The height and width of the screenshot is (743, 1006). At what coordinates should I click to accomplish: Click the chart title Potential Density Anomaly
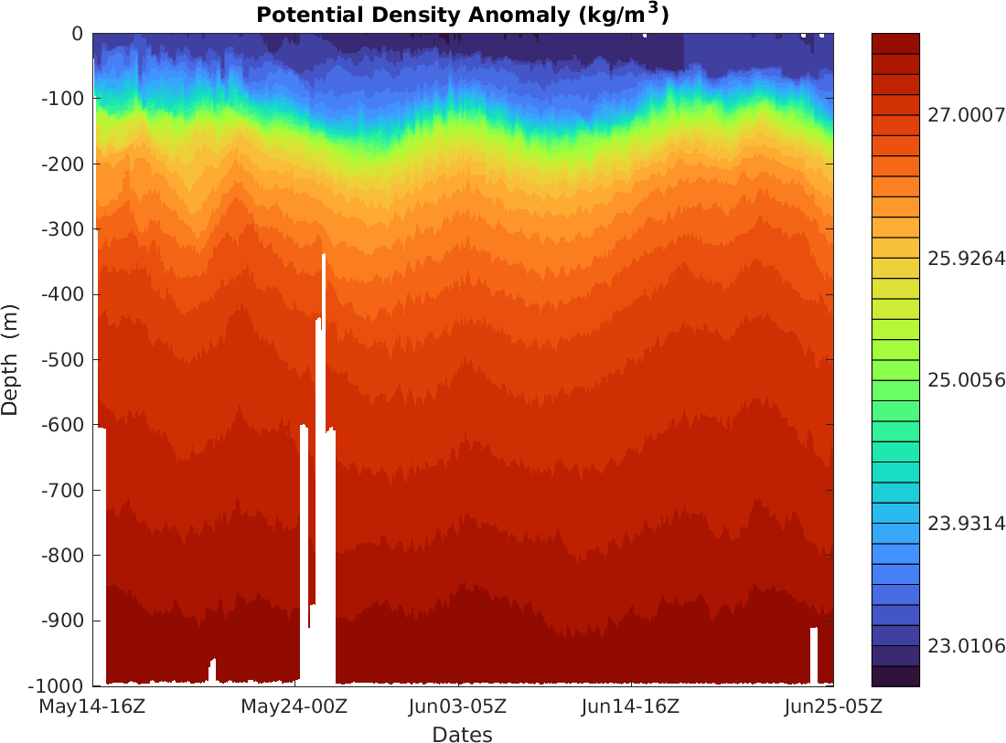click(462, 16)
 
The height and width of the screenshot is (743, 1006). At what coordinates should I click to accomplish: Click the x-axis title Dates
click(462, 735)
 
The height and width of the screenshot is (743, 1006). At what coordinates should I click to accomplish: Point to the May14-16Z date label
click(93, 706)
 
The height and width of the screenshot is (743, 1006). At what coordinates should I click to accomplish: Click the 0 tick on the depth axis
click(77, 34)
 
